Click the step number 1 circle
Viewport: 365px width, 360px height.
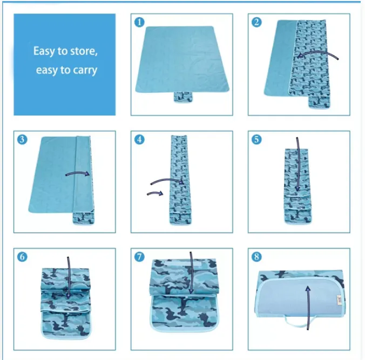click(140, 22)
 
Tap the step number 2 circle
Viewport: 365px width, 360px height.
click(257, 22)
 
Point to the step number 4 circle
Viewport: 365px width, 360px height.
click(140, 139)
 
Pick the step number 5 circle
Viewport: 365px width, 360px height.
click(257, 139)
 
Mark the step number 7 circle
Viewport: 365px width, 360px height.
click(140, 256)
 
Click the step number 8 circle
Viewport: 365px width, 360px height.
click(257, 256)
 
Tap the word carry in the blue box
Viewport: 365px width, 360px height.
click(84, 70)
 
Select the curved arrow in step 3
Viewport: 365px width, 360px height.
click(78, 174)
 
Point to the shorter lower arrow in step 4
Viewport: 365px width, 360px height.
click(156, 192)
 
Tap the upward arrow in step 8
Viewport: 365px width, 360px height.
click(308, 308)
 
